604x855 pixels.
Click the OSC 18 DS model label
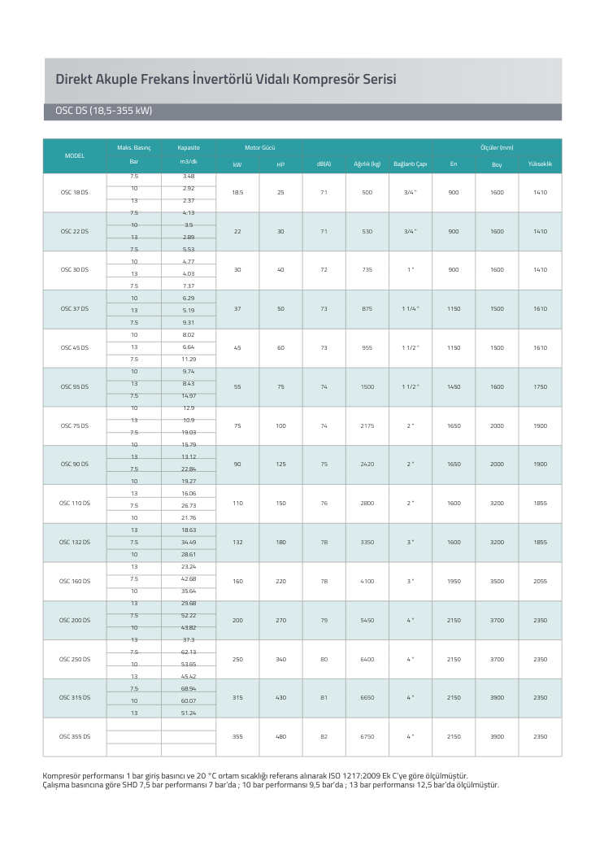[x=75, y=193]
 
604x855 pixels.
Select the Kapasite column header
[x=189, y=148]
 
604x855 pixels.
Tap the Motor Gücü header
[x=259, y=148]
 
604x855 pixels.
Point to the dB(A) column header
[x=324, y=164]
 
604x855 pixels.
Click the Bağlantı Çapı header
[x=410, y=164]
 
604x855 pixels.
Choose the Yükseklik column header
[x=540, y=164]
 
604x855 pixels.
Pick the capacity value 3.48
[x=189, y=176]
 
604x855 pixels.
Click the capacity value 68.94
[x=189, y=688]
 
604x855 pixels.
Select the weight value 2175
[x=367, y=426]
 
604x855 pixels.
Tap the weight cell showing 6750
[x=367, y=737]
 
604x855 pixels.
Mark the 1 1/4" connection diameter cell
[x=410, y=309]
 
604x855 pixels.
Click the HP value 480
[x=280, y=737]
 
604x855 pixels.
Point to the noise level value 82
[x=324, y=737]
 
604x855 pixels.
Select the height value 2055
[x=540, y=582]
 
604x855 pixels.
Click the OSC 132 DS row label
[x=75, y=543]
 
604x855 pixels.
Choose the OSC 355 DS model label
[x=75, y=737]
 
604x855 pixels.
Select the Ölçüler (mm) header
[x=497, y=148]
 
